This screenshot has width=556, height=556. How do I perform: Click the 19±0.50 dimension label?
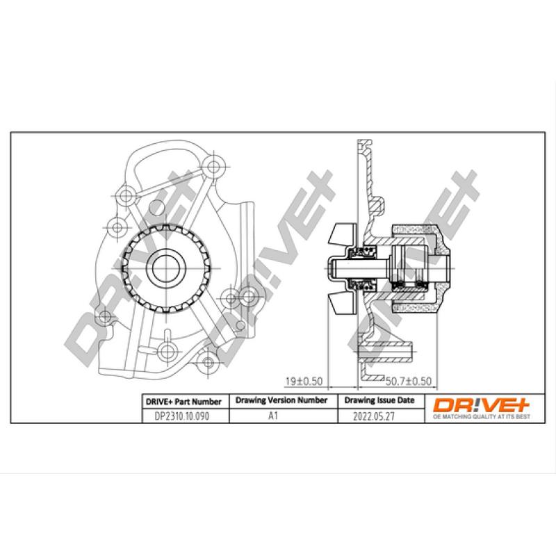tap(305, 381)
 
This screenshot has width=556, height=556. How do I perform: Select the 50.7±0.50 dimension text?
tap(409, 381)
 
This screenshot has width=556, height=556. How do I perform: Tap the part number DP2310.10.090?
tap(177, 417)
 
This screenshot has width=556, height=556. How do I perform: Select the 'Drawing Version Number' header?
tap(281, 401)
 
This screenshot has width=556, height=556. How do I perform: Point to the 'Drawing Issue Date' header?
tap(379, 401)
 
